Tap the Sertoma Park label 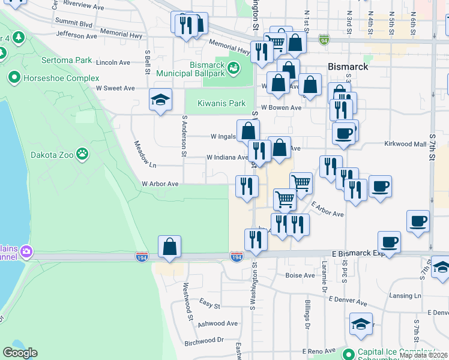[x=67, y=60]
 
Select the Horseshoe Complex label [x=61, y=78]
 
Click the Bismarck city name [x=348, y=67]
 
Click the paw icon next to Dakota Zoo [x=83, y=155]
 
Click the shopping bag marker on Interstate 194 [x=169, y=247]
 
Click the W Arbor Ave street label [x=160, y=184]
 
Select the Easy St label [x=209, y=305]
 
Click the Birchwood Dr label [x=203, y=340]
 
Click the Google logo [x=20, y=353]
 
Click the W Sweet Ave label [x=115, y=88]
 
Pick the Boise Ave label [x=300, y=276]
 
